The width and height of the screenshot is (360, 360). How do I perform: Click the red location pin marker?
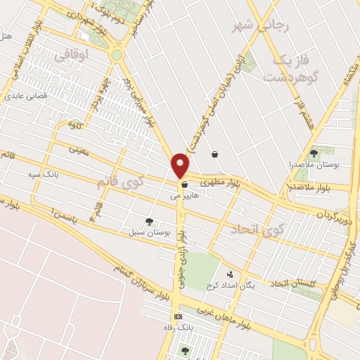[x=180, y=165]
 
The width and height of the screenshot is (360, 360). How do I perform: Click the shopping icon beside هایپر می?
[x=184, y=185]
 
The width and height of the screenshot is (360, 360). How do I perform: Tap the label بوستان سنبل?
[x=145, y=231]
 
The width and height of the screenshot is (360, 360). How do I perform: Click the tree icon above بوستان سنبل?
[x=149, y=221]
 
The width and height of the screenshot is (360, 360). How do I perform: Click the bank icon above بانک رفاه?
[x=179, y=317]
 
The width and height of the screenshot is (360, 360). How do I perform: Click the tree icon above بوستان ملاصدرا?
[x=314, y=153]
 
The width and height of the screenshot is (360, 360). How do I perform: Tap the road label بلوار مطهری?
[x=220, y=181]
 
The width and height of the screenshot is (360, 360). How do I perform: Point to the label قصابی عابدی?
[x=27, y=95]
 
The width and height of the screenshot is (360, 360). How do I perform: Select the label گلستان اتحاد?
[x=290, y=283]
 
